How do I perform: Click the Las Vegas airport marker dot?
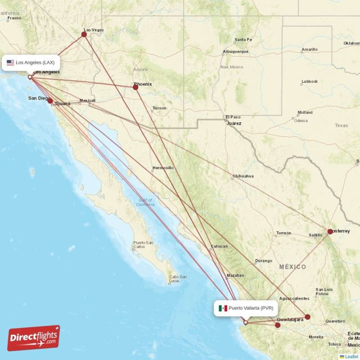84,34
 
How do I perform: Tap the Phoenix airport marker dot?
135,87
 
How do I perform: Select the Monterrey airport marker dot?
330,231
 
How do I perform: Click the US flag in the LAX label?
10,63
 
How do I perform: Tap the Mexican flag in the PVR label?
223,308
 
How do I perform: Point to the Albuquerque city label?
235,51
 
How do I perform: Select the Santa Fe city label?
243,40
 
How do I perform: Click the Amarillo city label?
310,49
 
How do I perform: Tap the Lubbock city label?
310,81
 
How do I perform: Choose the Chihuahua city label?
243,176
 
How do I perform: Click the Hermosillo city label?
163,168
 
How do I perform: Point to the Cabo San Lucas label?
174,279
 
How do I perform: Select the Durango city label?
263,261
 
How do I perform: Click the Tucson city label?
159,108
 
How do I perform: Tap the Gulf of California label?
145,202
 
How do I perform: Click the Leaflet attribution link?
351,356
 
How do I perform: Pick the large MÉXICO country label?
292,267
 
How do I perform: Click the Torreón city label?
283,233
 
